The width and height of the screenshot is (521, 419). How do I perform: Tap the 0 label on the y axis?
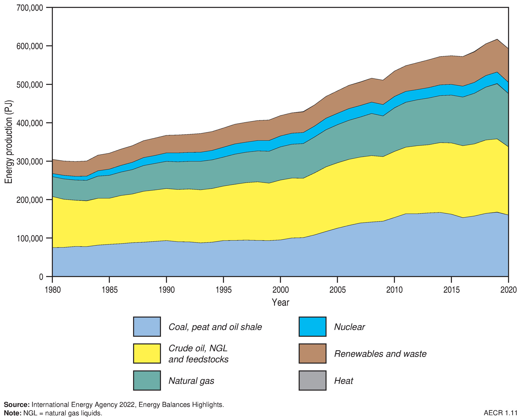tap(41, 277)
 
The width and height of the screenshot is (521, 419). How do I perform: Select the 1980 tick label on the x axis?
tap(53, 290)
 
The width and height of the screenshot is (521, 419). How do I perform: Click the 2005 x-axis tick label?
tap(338, 290)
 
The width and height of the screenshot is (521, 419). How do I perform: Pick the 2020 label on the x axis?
tap(508, 290)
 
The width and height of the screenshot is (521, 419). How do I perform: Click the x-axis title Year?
tap(280, 302)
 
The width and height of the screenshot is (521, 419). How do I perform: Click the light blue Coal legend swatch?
tap(147, 327)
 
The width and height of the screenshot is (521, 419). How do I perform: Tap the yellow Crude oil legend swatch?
tap(147, 353)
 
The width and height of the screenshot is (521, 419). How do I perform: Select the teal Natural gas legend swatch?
tap(147, 380)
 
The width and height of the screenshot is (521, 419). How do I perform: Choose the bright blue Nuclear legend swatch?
tap(312, 327)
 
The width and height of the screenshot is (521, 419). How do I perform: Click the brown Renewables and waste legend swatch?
tap(312, 353)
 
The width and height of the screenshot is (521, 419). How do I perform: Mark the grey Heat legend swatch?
tap(312, 380)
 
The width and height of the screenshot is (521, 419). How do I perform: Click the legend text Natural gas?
tap(191, 381)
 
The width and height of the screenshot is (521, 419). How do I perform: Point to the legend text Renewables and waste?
tap(380, 354)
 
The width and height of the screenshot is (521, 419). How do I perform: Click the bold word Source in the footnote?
tap(17, 405)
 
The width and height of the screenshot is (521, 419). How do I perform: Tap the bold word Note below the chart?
tap(13, 413)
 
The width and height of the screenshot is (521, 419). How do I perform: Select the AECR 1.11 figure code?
tap(500, 413)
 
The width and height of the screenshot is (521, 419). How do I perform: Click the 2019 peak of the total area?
tap(497, 39)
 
